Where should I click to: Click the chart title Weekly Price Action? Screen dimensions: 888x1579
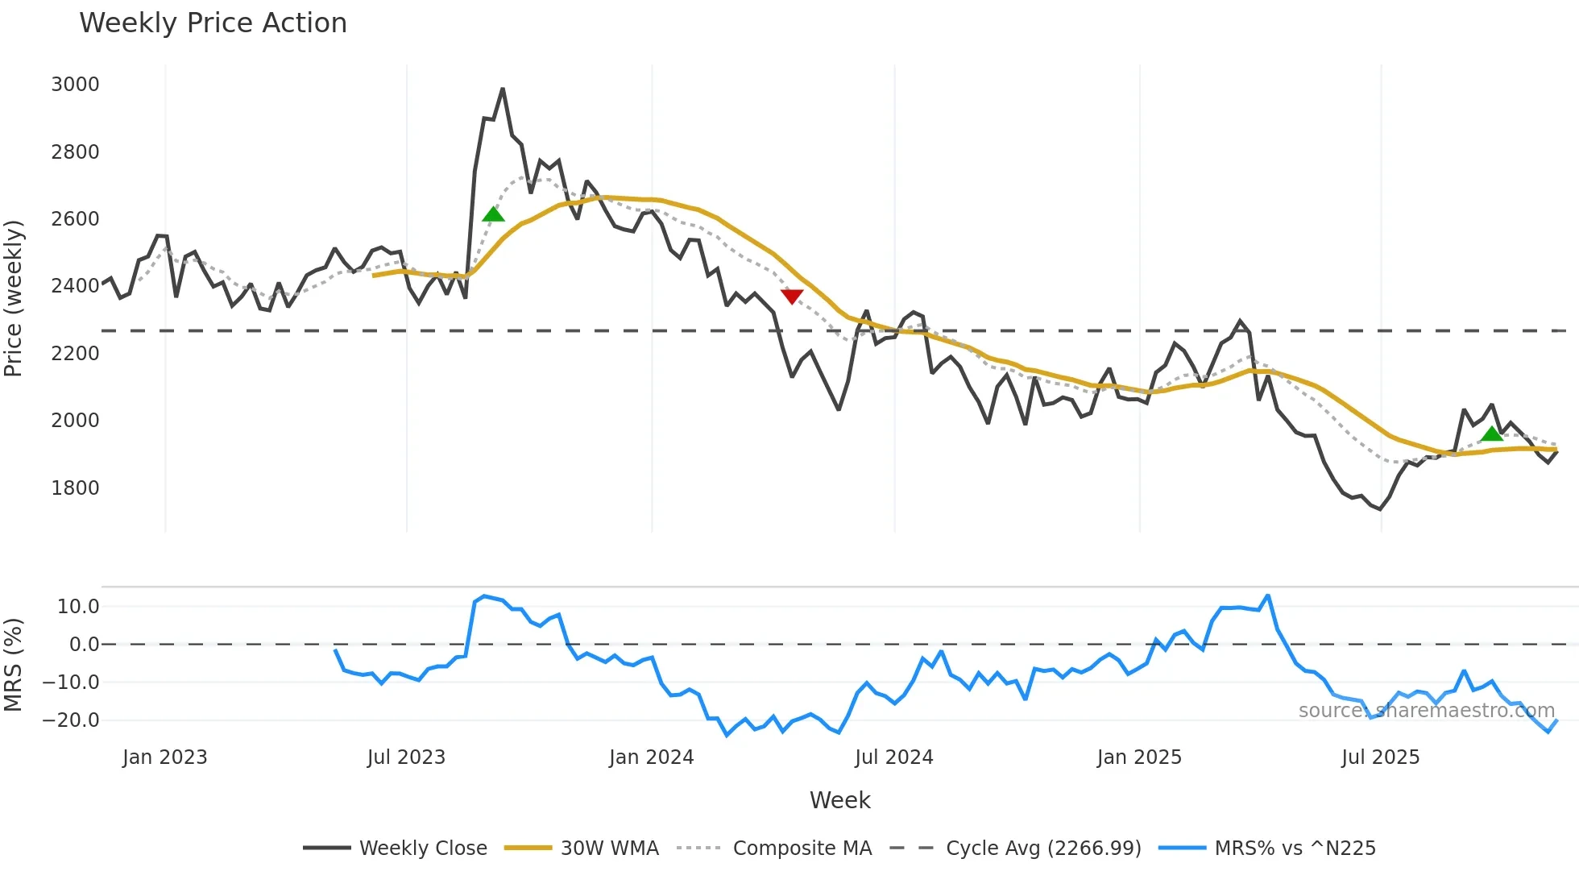pos(213,23)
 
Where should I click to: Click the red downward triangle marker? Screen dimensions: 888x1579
pos(792,297)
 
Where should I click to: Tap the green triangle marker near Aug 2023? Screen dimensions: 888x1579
pos(493,214)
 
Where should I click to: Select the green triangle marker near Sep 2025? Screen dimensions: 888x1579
pos(1492,434)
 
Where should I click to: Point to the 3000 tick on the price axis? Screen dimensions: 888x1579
pos(75,85)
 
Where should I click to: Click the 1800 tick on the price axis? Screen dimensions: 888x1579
pos(75,488)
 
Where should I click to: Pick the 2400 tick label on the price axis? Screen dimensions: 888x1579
pos(75,286)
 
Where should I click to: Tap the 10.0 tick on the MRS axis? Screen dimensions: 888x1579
pos(78,607)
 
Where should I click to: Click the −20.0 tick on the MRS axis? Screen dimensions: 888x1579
pos(72,720)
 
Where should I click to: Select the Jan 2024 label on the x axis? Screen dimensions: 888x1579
pos(651,757)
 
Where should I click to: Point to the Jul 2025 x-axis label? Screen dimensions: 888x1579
pos(1380,757)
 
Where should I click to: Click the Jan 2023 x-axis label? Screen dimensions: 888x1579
pos(165,757)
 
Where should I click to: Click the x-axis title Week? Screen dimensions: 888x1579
pos(839,800)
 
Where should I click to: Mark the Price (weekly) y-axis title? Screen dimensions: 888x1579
pos(13,298)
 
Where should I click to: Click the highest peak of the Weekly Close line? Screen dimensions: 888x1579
pos(503,89)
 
